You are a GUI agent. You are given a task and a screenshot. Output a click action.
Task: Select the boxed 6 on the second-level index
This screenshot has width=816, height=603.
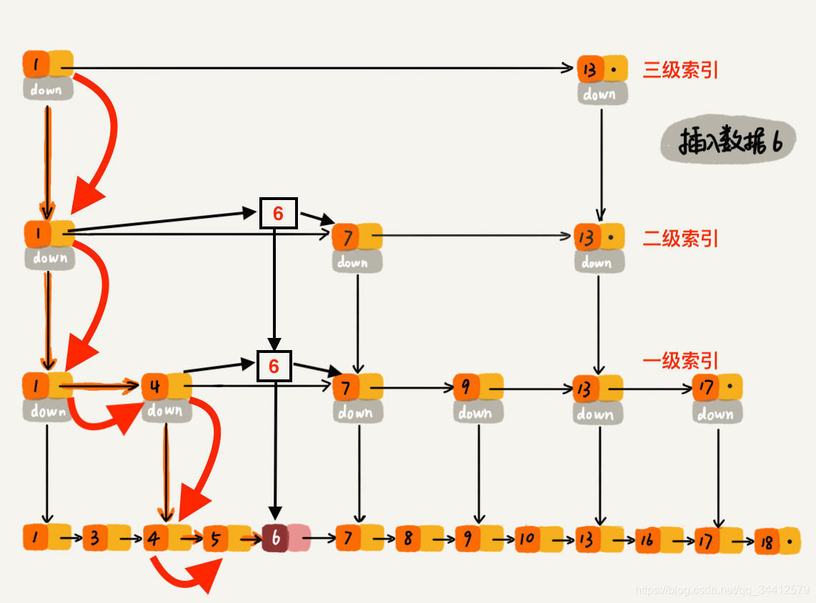pyautogui.click(x=278, y=213)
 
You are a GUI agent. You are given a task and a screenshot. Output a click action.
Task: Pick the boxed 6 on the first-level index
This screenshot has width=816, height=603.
pyautogui.click(x=274, y=366)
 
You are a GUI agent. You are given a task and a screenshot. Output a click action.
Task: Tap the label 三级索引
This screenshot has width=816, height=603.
pyautogui.click(x=680, y=70)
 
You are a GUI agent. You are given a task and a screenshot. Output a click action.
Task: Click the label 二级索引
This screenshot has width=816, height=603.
pyautogui.click(x=680, y=238)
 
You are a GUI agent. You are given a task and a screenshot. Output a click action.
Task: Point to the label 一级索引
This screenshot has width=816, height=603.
pyautogui.click(x=680, y=360)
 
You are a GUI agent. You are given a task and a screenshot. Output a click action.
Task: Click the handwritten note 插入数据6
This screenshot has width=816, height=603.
pyautogui.click(x=722, y=142)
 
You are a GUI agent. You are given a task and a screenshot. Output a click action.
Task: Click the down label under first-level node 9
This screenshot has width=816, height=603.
pyautogui.click(x=477, y=412)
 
